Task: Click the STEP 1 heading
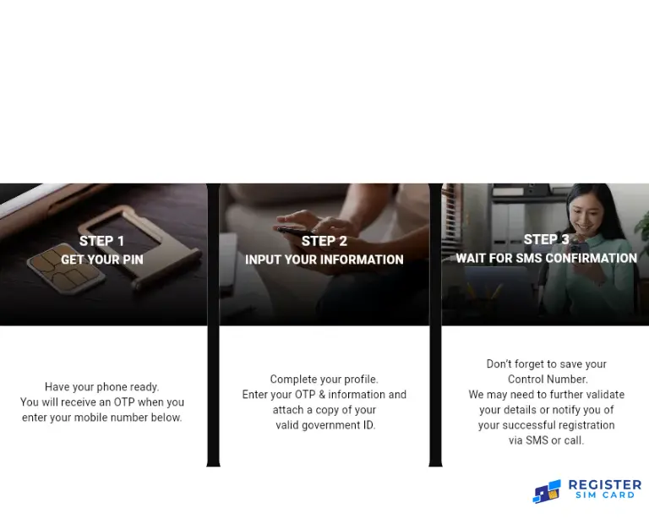tap(101, 241)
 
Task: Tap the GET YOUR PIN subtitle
tap(101, 259)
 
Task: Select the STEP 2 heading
tap(324, 241)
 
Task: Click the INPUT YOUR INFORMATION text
tap(324, 259)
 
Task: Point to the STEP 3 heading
tap(546, 240)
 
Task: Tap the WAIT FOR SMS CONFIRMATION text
tap(546, 259)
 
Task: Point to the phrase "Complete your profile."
tap(324, 380)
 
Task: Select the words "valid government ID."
tap(325, 425)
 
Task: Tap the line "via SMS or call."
tap(547, 440)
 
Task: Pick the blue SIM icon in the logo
tap(547, 491)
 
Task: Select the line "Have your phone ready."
tap(101, 387)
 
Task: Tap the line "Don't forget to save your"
tap(547, 364)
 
